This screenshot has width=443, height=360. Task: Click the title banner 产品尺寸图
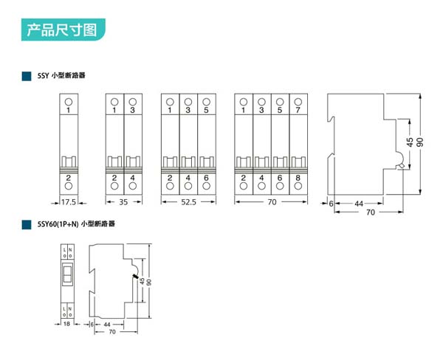62,30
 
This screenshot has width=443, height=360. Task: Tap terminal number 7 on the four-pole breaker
298,111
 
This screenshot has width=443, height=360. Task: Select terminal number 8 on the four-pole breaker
298,177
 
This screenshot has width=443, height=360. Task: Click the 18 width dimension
67,324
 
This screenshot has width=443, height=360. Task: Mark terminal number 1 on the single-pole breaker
68,111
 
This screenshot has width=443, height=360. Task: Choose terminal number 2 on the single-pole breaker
68,177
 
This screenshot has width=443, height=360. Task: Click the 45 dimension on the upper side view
409,141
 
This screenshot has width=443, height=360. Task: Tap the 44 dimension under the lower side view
109,324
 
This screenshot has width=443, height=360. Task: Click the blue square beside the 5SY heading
26,75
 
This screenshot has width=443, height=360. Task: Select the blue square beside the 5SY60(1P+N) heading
26,222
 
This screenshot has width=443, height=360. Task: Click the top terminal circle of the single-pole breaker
68,101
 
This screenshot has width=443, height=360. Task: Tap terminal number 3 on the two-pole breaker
133,111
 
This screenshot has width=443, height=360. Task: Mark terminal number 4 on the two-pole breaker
133,177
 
